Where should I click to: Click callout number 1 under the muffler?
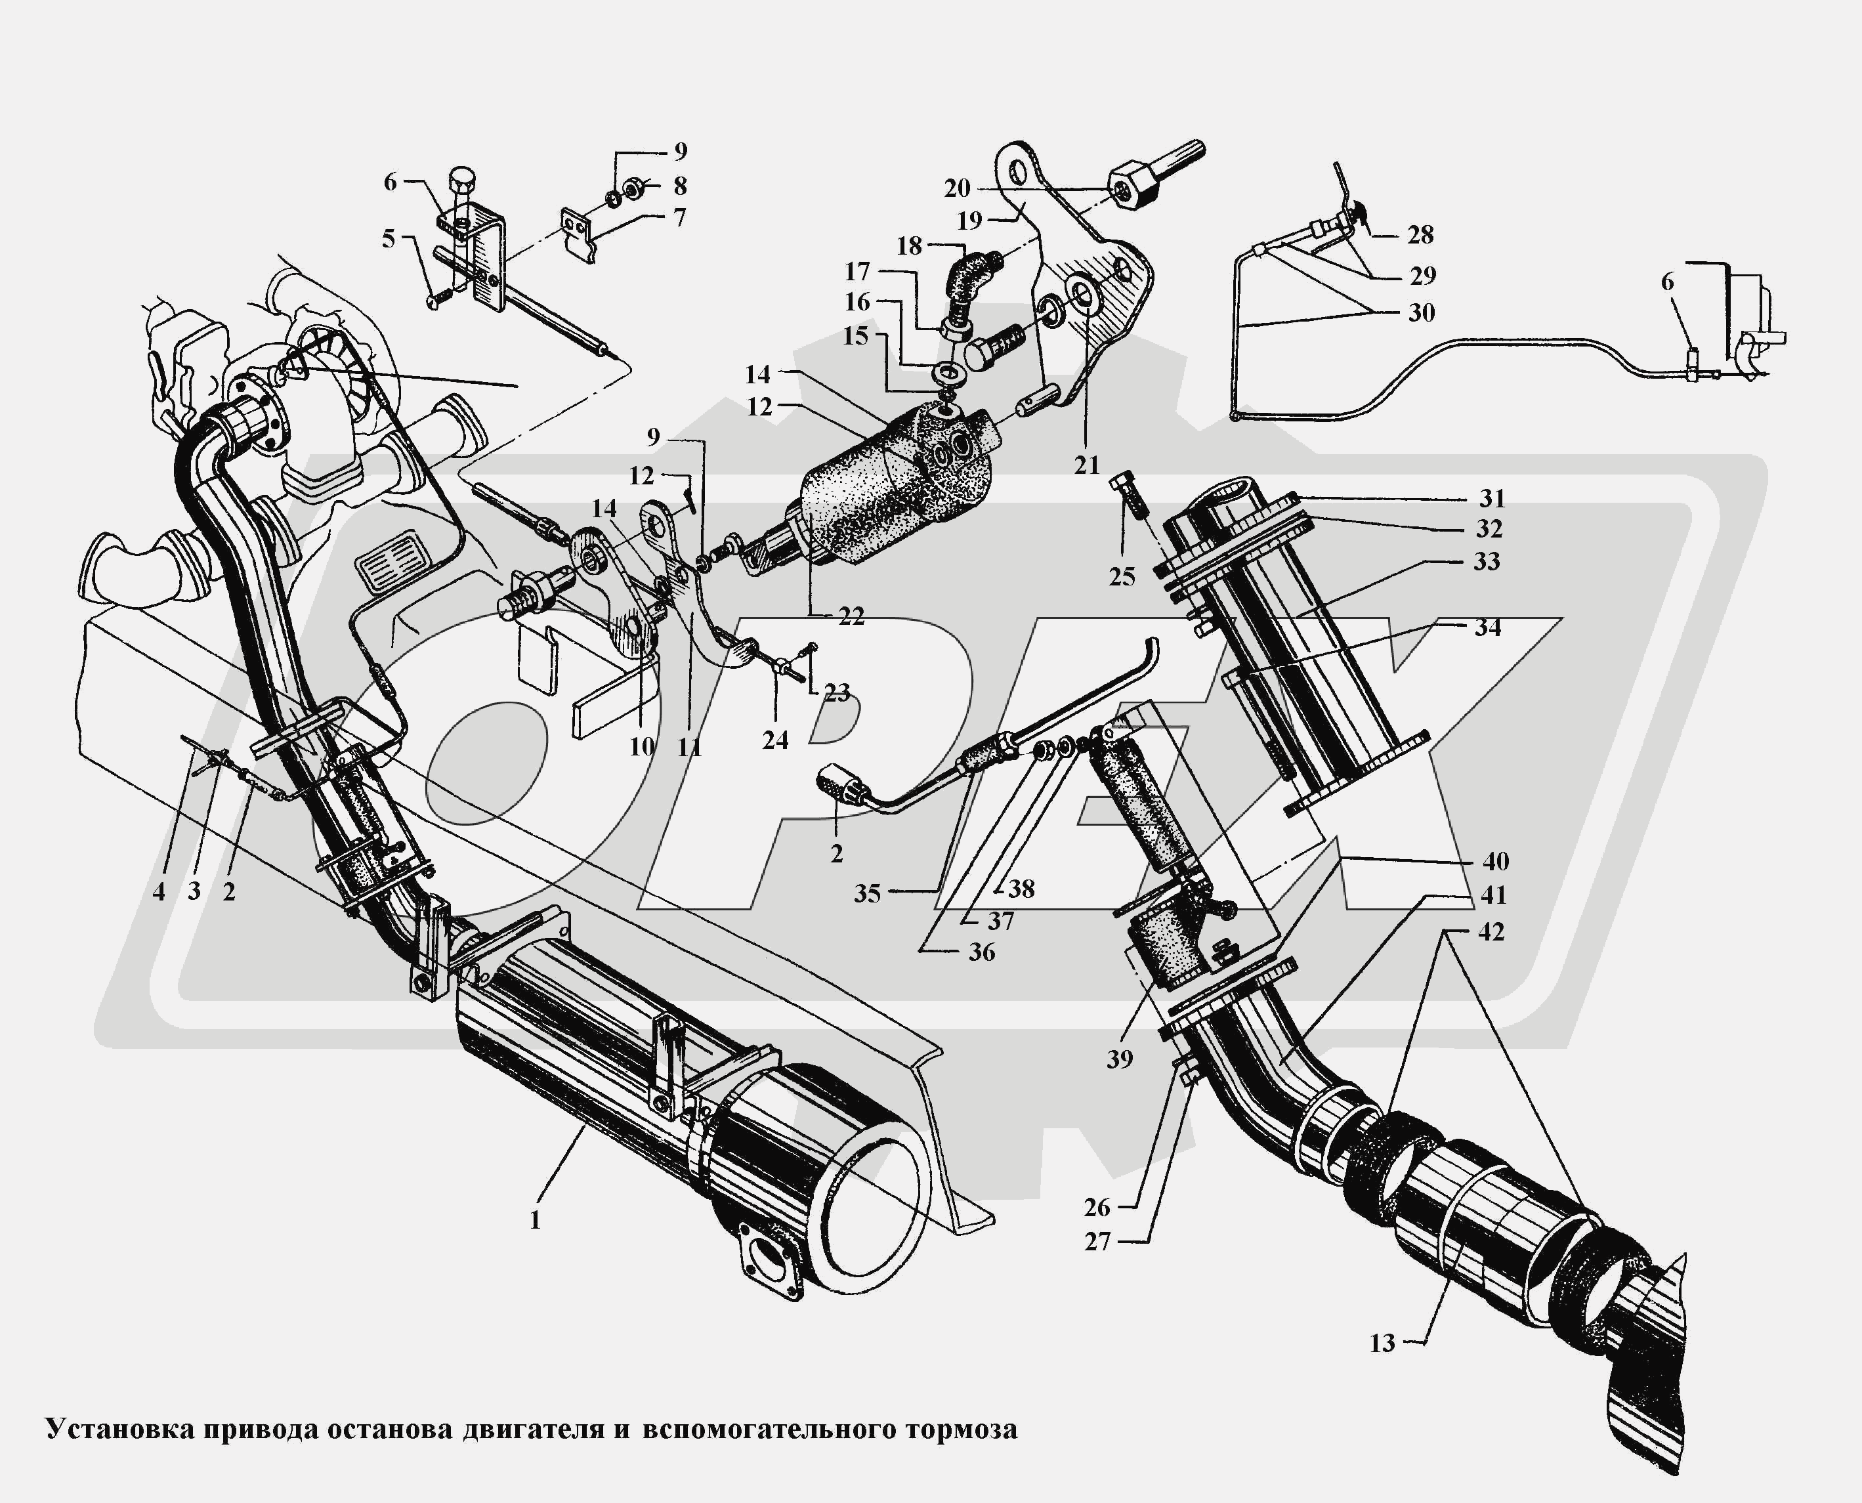[x=535, y=1221]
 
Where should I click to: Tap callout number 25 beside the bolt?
[x=1122, y=577]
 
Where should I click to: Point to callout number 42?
[x=1491, y=933]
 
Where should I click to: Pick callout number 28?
[x=1420, y=234]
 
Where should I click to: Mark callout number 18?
[x=909, y=246]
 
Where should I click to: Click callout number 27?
[x=1097, y=1242]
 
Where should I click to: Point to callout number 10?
[x=641, y=746]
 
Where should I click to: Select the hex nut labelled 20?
[x=1124, y=187]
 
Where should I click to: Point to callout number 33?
[x=1487, y=562]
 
